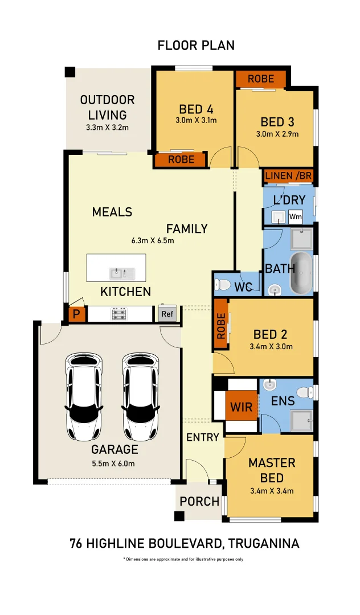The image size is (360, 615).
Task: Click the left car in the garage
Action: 84,397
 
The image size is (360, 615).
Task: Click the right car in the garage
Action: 140,397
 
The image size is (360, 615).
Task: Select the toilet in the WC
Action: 222,284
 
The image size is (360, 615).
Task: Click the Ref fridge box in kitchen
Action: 167,314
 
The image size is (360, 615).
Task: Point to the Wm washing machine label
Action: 296,216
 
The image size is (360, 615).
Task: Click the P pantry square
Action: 75,314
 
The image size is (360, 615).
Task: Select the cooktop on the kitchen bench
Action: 119,314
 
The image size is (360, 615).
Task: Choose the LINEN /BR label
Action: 288,175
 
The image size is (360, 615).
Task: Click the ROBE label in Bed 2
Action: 221,327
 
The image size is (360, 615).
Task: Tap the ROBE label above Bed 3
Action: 260,79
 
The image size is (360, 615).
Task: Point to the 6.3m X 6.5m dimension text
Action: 152,240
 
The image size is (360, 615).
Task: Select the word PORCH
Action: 199,502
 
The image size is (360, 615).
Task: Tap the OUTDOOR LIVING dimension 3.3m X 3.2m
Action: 107,128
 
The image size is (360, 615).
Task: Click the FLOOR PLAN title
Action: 196,46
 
